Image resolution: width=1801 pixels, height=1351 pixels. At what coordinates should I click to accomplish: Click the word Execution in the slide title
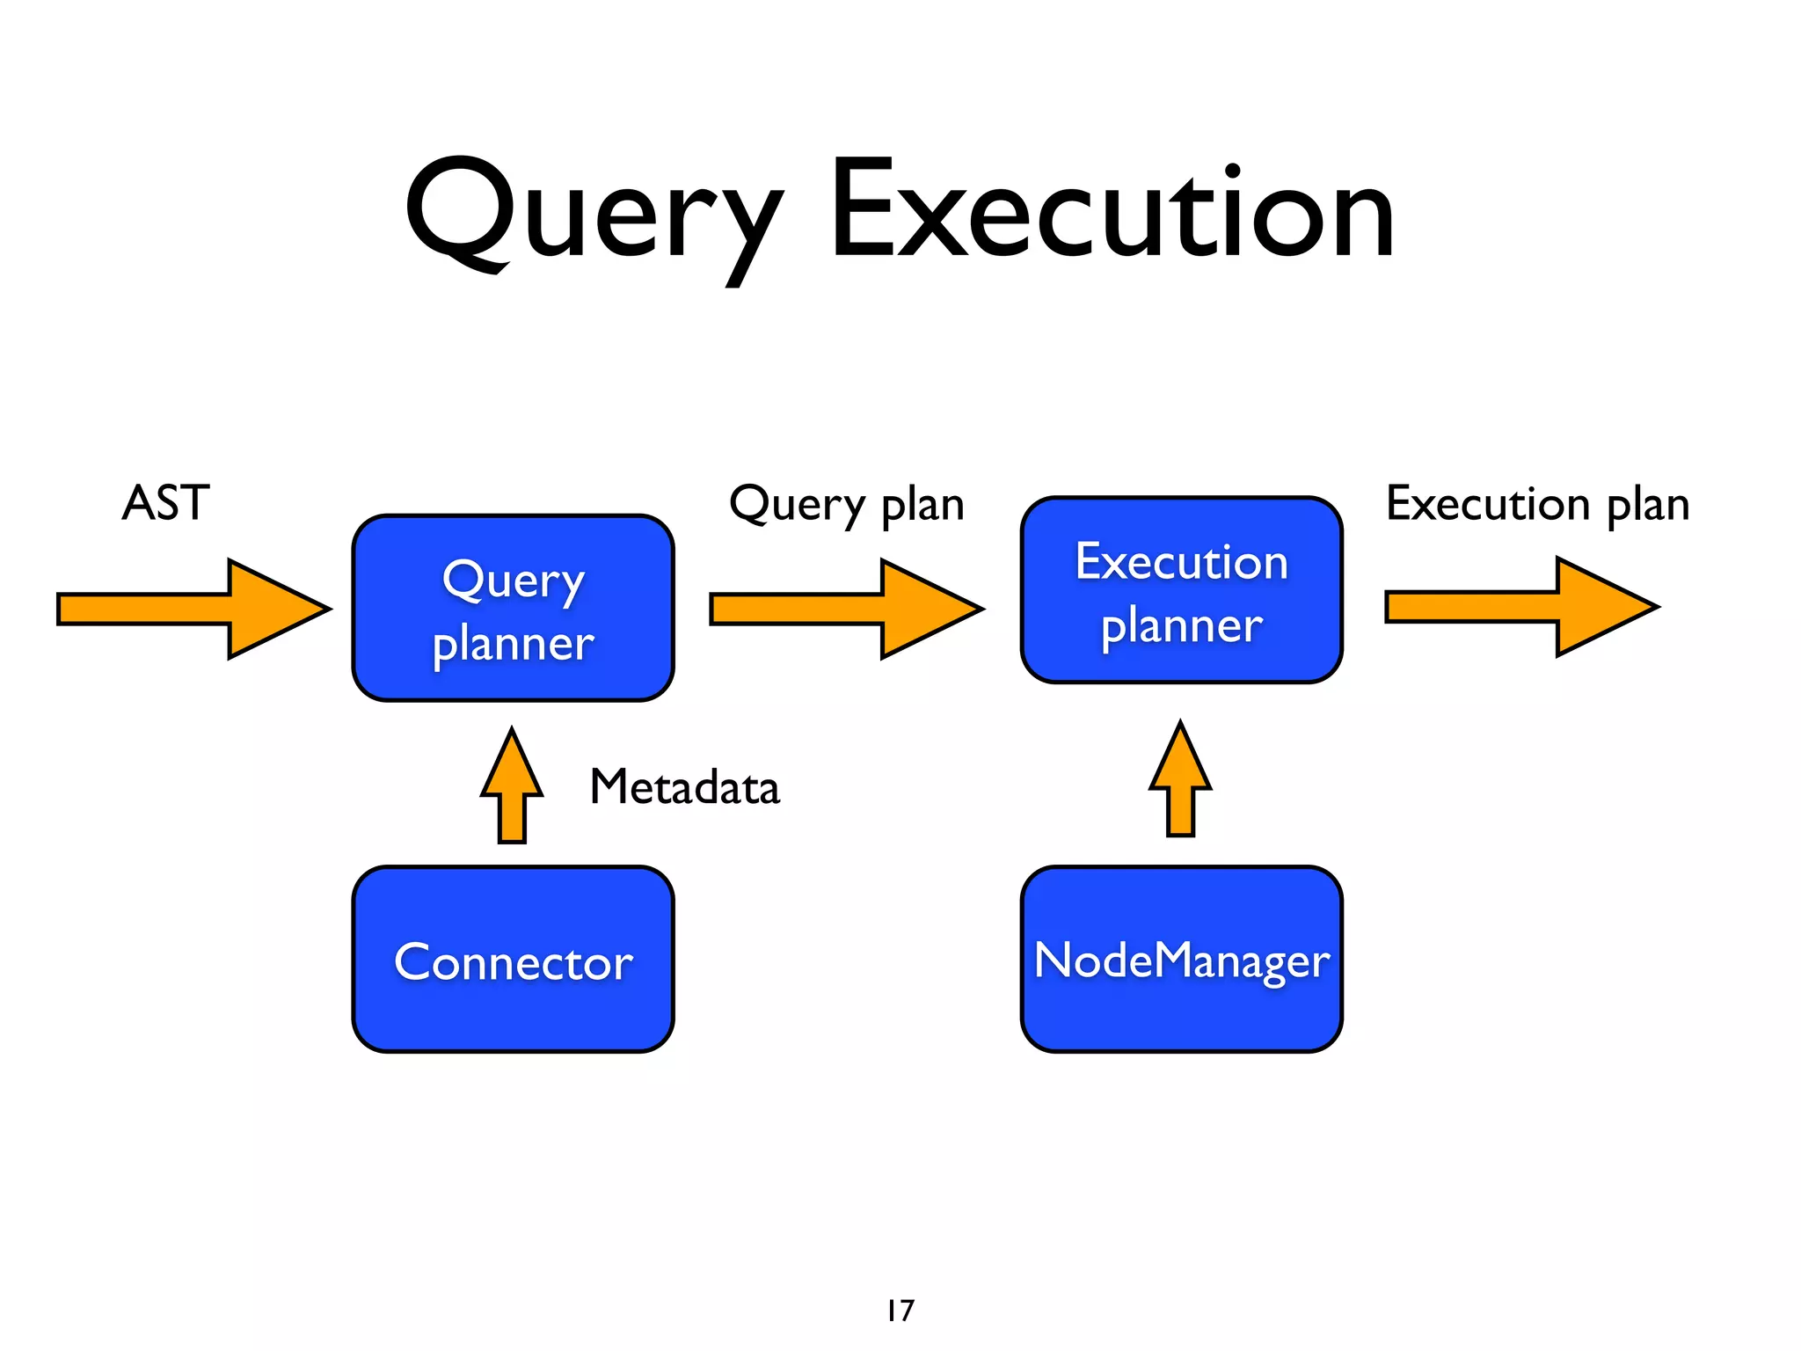click(1112, 211)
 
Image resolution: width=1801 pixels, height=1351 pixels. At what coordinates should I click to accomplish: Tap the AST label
click(165, 503)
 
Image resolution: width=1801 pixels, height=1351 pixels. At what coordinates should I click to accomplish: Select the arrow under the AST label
click(193, 609)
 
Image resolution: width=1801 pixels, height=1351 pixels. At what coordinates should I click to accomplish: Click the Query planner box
click(513, 609)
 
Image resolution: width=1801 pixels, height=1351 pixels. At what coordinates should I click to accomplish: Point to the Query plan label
click(847, 505)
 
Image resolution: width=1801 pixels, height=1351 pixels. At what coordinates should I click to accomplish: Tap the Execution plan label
click(1537, 505)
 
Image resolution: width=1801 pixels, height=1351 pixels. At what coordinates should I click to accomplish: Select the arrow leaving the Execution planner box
click(1521, 607)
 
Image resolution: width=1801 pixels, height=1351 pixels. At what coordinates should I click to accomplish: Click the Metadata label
click(684, 786)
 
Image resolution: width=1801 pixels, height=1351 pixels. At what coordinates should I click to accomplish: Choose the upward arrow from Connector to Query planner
click(512, 787)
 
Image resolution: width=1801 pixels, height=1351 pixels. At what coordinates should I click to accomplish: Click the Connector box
click(513, 960)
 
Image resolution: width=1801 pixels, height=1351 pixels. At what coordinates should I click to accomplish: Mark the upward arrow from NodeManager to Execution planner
click(1180, 781)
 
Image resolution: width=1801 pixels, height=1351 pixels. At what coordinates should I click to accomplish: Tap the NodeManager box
click(1181, 960)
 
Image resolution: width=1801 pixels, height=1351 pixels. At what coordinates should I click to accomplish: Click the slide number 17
click(900, 1311)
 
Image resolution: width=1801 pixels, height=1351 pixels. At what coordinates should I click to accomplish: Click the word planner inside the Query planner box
click(513, 644)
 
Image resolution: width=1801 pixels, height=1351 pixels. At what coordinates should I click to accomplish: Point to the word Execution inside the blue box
click(1181, 561)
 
